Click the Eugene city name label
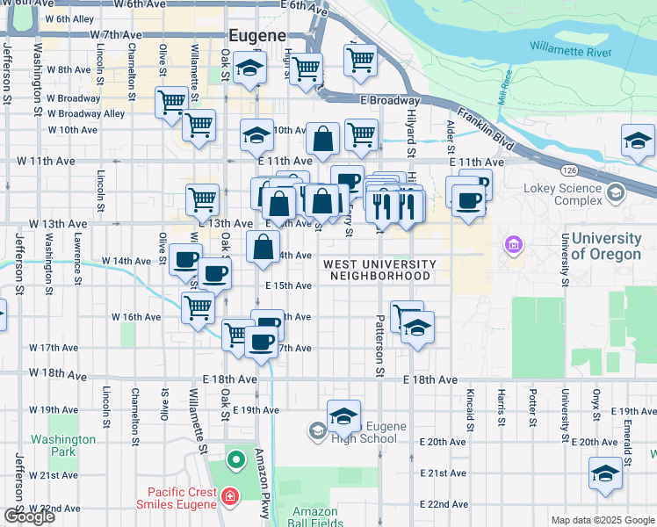257,36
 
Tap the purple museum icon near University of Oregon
512,243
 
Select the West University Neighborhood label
379,270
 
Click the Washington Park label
62,445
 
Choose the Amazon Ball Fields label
314,517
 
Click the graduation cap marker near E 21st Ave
605,473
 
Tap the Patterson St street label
380,346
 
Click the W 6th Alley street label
69,18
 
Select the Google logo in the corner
29,516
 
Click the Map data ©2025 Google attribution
603,520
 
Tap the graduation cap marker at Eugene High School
343,415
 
